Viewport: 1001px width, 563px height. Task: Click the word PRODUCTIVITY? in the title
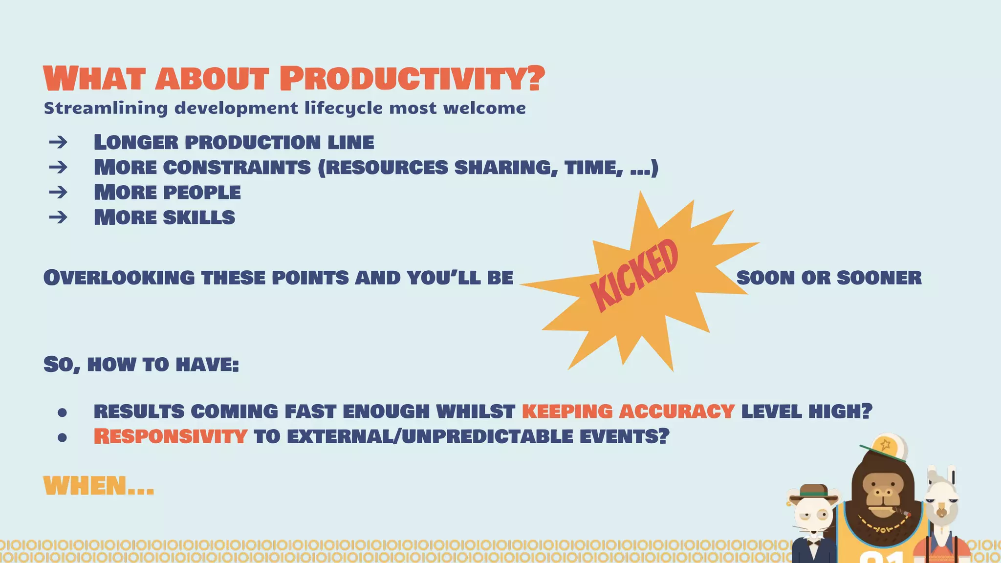pyautogui.click(x=412, y=79)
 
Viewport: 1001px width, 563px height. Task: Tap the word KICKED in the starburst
pyautogui.click(x=634, y=276)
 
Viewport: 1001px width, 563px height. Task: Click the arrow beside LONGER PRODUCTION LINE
pyautogui.click(x=58, y=142)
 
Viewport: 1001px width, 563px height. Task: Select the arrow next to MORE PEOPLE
pyautogui.click(x=58, y=192)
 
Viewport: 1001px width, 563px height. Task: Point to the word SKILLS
pyautogui.click(x=199, y=217)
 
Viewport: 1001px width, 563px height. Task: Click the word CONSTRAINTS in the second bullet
pyautogui.click(x=237, y=168)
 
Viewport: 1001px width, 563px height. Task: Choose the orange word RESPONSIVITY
pyautogui.click(x=170, y=436)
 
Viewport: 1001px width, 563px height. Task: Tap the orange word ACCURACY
pyautogui.click(x=676, y=411)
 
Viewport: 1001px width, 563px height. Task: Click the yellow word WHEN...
pyautogui.click(x=86, y=486)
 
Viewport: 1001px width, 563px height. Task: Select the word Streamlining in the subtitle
pyautogui.click(x=106, y=108)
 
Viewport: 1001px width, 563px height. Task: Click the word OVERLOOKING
pyautogui.click(x=119, y=278)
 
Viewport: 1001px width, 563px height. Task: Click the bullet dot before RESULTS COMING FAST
pyautogui.click(x=62, y=412)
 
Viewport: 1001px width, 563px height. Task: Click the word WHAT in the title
pyautogui.click(x=95, y=79)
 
